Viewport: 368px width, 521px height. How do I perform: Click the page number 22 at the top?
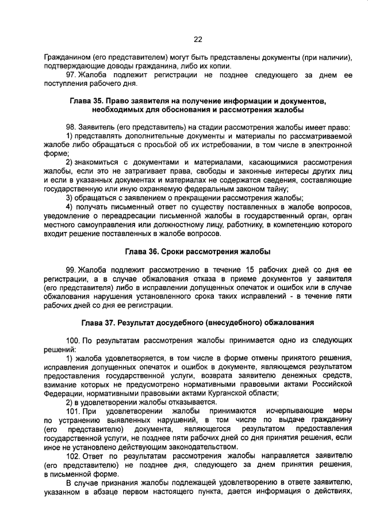click(198, 39)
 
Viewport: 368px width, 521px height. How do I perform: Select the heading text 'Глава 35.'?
click(88, 100)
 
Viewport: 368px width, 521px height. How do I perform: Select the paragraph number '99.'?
click(72, 269)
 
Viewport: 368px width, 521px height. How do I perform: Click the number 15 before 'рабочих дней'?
click(250, 269)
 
